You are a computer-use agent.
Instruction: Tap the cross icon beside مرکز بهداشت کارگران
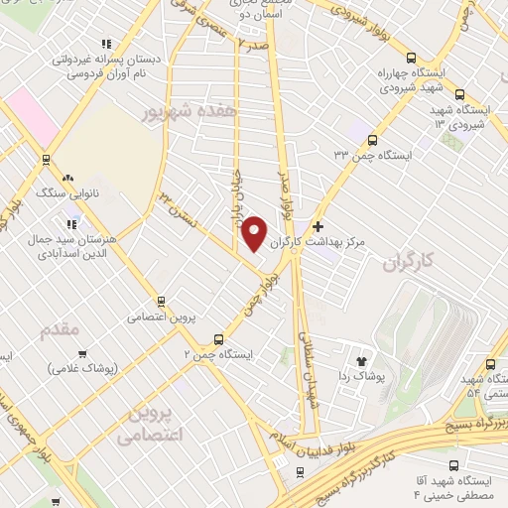coord(317,227)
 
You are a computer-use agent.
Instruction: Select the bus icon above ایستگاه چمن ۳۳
coord(372,140)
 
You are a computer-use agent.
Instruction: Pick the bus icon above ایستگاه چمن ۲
coord(218,339)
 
